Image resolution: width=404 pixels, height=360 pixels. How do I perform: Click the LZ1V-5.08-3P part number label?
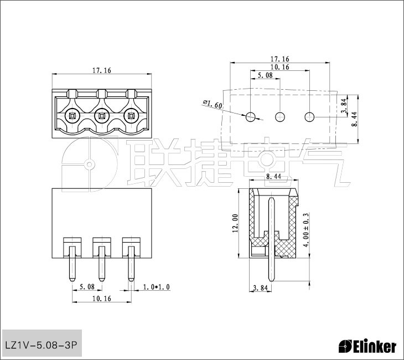pyautogui.click(x=41, y=345)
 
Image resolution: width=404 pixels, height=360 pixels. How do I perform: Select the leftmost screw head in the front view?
pyautogui.click(x=72, y=116)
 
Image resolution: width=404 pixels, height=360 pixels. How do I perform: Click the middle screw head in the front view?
pyautogui.click(x=102, y=116)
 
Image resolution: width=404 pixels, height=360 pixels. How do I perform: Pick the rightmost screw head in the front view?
pyautogui.click(x=131, y=116)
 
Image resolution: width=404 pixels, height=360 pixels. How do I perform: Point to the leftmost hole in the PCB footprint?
pyautogui.click(x=251, y=117)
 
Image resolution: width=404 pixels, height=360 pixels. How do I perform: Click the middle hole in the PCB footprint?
pyautogui.click(x=280, y=117)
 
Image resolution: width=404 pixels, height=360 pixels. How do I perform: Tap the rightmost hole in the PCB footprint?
pyautogui.click(x=309, y=117)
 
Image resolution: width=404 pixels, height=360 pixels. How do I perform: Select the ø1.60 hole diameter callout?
pyautogui.click(x=213, y=104)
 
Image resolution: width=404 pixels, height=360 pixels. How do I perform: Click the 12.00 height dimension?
pyautogui.click(x=235, y=223)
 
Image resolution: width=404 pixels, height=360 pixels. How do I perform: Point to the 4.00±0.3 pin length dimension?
pyautogui.click(x=306, y=230)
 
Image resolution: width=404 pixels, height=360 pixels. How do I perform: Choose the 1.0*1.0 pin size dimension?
pyautogui.click(x=157, y=287)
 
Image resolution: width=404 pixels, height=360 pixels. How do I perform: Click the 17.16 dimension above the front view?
pyautogui.click(x=102, y=70)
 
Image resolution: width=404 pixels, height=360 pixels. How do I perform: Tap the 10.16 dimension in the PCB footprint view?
pyautogui.click(x=280, y=67)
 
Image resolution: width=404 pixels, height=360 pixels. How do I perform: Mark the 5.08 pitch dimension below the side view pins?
pyautogui.click(x=87, y=286)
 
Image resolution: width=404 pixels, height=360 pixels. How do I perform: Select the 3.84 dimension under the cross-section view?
pyautogui.click(x=261, y=288)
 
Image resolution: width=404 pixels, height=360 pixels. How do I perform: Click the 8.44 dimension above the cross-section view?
pyautogui.click(x=273, y=177)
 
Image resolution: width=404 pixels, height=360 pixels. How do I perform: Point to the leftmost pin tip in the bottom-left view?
pyautogui.click(x=72, y=281)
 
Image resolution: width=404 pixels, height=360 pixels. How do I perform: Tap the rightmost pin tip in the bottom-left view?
pyautogui.click(x=131, y=281)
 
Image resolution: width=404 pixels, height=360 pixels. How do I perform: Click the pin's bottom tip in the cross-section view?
pyautogui.click(x=271, y=281)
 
